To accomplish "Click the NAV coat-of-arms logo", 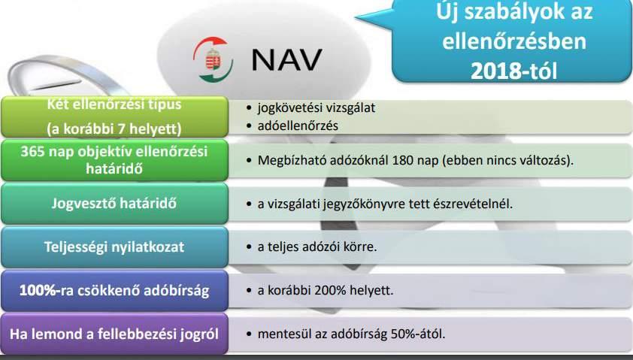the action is coord(213,59).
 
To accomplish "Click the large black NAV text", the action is coord(286,59).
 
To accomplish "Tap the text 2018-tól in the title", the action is coord(514,71).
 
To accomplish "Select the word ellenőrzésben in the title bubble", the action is coord(514,41).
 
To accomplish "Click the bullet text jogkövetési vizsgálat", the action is coord(316,108).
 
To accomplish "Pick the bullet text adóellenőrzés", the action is coord(298,126).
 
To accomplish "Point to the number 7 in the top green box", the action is coord(120,129).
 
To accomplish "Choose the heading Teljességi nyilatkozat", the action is coord(114,247).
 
